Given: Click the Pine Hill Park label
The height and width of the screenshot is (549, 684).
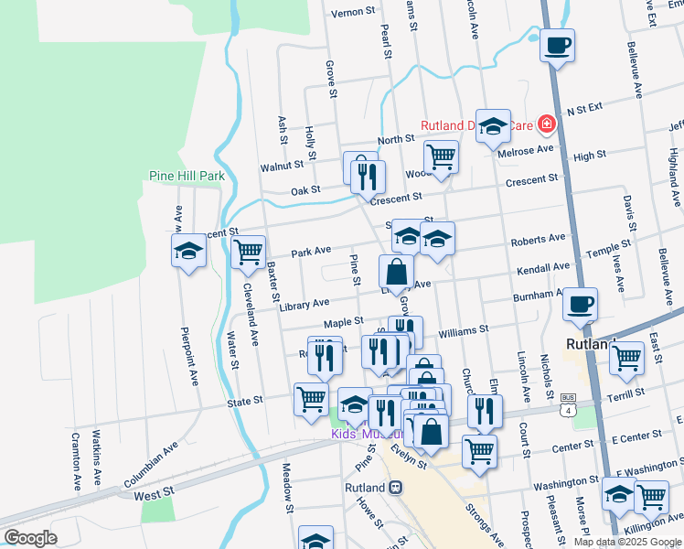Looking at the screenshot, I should click(187, 176).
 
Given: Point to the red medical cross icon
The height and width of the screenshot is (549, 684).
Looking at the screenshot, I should click(547, 123).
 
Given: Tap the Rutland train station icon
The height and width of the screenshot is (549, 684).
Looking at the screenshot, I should click(395, 488).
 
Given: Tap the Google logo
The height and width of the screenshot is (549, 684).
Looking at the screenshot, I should click(30, 538).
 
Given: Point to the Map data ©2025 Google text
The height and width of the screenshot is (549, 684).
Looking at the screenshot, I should click(626, 542).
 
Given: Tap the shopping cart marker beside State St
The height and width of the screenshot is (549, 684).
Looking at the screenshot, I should click(311, 398).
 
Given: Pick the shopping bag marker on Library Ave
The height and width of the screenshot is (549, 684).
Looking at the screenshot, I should click(396, 272).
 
